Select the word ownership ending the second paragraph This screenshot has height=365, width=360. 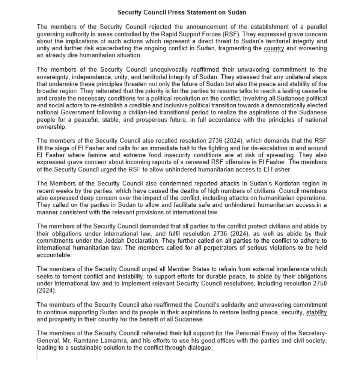51,127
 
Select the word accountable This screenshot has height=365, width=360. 53,255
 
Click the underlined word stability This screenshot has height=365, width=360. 316,312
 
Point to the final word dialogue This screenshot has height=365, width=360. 199,347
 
